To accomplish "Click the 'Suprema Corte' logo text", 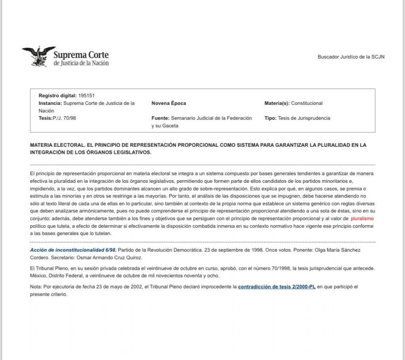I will click(x=81, y=55).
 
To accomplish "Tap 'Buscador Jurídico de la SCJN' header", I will click(x=351, y=57).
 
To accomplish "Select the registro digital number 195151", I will click(x=86, y=95).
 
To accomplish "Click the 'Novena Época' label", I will click(x=168, y=103).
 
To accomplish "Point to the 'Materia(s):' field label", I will click(x=277, y=103).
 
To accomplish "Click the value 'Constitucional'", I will click(x=307, y=103).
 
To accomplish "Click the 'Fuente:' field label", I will click(x=160, y=118).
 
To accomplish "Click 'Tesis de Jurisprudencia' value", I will click(x=304, y=118).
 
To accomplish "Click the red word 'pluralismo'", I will click(x=362, y=218).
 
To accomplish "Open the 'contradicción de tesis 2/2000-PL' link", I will click(x=276, y=286).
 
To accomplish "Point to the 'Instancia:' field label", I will click(x=50, y=103).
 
